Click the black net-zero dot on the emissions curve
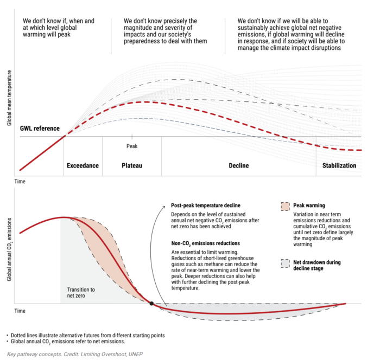(151, 304)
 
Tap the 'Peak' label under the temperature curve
(132, 146)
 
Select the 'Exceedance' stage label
(83, 165)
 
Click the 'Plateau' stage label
(132, 165)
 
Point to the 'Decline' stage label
(239, 165)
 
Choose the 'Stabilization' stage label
(339, 165)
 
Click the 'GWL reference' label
(40, 128)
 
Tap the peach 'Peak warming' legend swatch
(285, 207)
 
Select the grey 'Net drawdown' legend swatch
(285, 263)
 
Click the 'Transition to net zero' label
(81, 292)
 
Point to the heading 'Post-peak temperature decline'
(206, 205)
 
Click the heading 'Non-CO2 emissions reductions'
(206, 243)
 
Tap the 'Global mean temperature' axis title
(9, 98)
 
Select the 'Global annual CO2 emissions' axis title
(9, 249)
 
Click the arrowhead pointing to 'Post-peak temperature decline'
(164, 206)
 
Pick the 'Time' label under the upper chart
(20, 181)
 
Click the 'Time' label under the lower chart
(20, 311)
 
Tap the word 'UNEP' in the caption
(136, 354)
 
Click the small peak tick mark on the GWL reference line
(132, 137)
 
